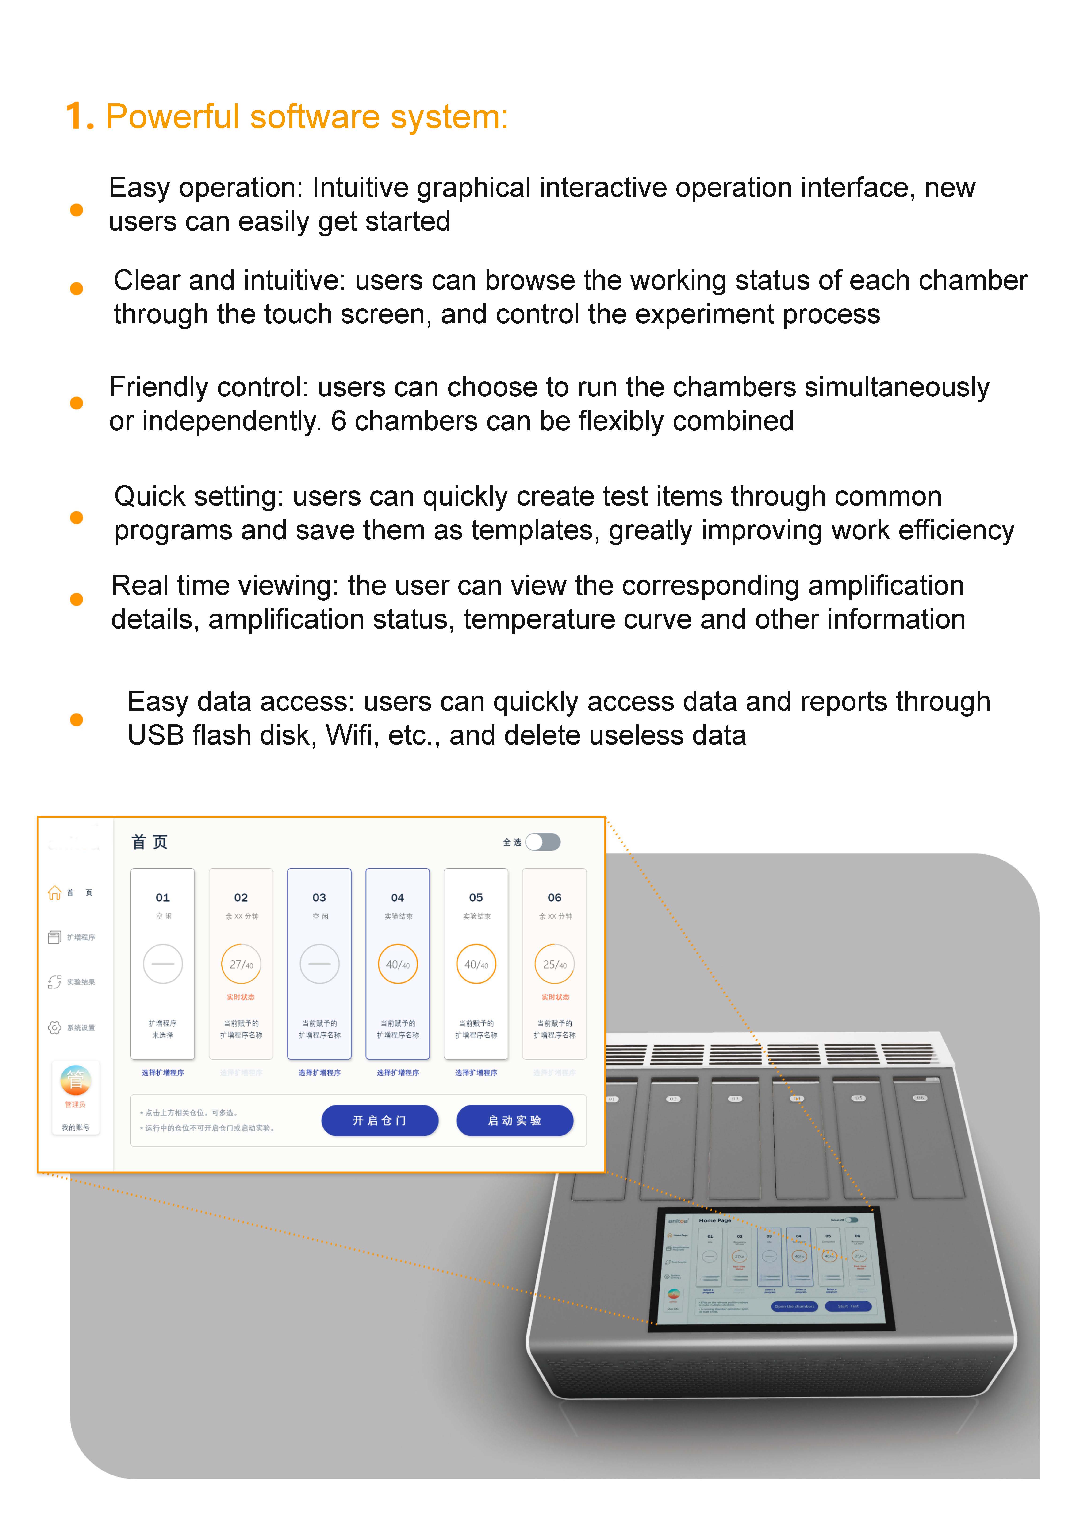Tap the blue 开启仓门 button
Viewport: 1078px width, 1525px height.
coord(380,1120)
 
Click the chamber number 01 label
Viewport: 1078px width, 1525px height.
coord(163,897)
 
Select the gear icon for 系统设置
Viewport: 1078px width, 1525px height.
coord(54,1027)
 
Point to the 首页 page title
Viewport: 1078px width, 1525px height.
coord(149,842)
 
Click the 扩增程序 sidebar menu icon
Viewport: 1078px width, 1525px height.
coord(54,937)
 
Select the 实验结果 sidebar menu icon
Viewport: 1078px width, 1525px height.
coord(54,982)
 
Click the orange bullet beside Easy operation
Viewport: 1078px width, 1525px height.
coord(76,210)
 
